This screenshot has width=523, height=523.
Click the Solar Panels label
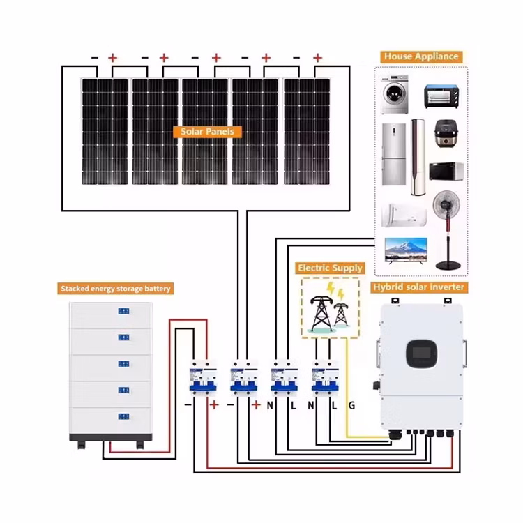[207, 131]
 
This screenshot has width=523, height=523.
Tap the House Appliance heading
[421, 56]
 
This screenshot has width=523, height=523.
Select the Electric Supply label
[330, 268]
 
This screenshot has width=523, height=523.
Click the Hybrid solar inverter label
[418, 287]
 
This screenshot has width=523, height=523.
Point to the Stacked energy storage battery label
[115, 289]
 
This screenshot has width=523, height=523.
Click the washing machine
[395, 94]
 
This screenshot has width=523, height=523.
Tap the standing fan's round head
[446, 204]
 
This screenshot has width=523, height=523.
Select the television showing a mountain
[406, 251]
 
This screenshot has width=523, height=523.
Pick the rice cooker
[446, 133]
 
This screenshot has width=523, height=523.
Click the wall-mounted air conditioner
[404, 215]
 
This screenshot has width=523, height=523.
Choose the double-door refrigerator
[394, 154]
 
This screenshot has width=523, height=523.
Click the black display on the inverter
[422, 354]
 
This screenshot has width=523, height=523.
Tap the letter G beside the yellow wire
[351, 406]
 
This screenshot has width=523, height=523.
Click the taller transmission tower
[321, 313]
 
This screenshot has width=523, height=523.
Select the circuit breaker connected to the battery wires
[203, 377]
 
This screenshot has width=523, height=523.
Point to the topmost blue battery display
[123, 311]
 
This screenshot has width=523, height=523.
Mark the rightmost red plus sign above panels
[317, 58]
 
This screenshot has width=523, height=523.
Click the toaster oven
[441, 96]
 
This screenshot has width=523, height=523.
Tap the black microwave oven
[446, 172]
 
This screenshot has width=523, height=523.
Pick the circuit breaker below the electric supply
[325, 377]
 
